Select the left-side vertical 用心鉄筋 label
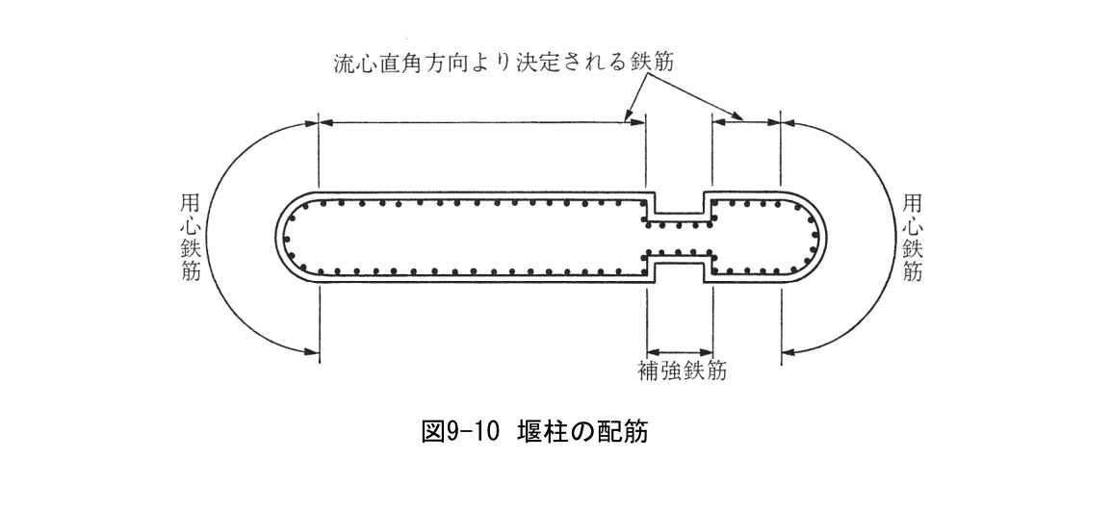pyautogui.click(x=191, y=239)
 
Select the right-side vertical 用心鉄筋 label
pyautogui.click(x=911, y=239)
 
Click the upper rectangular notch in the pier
pyautogui.click(x=680, y=203)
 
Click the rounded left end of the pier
pyautogui.click(x=289, y=237)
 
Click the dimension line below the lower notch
pyautogui.click(x=680, y=350)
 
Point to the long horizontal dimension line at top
pyautogui.click(x=481, y=121)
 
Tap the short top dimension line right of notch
pyautogui.click(x=745, y=121)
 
